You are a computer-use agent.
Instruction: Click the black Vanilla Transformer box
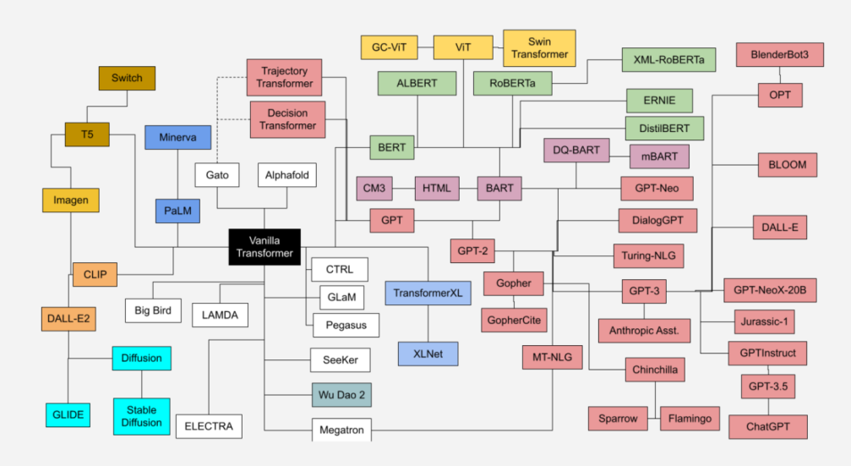tap(265, 247)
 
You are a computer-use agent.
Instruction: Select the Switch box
tap(127, 78)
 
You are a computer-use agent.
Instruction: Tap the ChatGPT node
tap(767, 426)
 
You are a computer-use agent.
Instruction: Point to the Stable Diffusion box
tap(141, 416)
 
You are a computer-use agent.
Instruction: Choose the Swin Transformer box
tap(538, 47)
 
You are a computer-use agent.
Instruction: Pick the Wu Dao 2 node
tap(339, 395)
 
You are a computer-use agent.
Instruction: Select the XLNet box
tap(428, 353)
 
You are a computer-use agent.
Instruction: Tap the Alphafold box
tap(287, 175)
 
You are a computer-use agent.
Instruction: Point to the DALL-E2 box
tap(68, 319)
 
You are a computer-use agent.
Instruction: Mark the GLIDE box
tap(68, 414)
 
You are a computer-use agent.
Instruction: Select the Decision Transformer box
tap(287, 119)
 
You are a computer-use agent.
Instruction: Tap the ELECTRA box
tap(209, 426)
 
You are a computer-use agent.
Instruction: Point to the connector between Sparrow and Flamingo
tap(653, 418)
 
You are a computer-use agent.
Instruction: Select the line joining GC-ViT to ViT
tap(425, 47)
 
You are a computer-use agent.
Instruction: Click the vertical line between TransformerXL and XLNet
tap(428, 323)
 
